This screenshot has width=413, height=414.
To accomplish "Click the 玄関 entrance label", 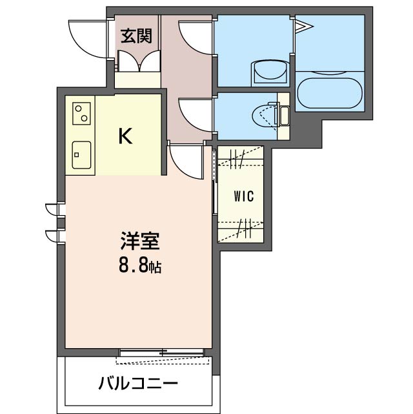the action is [136, 36].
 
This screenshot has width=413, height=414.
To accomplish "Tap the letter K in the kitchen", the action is [125, 136].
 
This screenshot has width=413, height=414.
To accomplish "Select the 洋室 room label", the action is [140, 240].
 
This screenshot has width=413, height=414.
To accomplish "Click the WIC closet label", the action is [244, 196].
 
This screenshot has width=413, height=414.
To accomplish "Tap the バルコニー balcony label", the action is [138, 384].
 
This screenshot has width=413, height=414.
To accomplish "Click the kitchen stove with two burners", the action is [81, 113].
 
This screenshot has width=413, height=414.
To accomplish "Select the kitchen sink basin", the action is [81, 155].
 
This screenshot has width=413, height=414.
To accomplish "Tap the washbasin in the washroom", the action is [270, 70].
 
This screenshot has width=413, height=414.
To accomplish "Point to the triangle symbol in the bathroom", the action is [303, 26].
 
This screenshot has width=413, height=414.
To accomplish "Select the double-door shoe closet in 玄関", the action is [139, 61].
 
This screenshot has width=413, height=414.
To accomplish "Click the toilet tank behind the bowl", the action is [285, 116].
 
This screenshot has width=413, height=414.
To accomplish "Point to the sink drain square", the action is [77, 155].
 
